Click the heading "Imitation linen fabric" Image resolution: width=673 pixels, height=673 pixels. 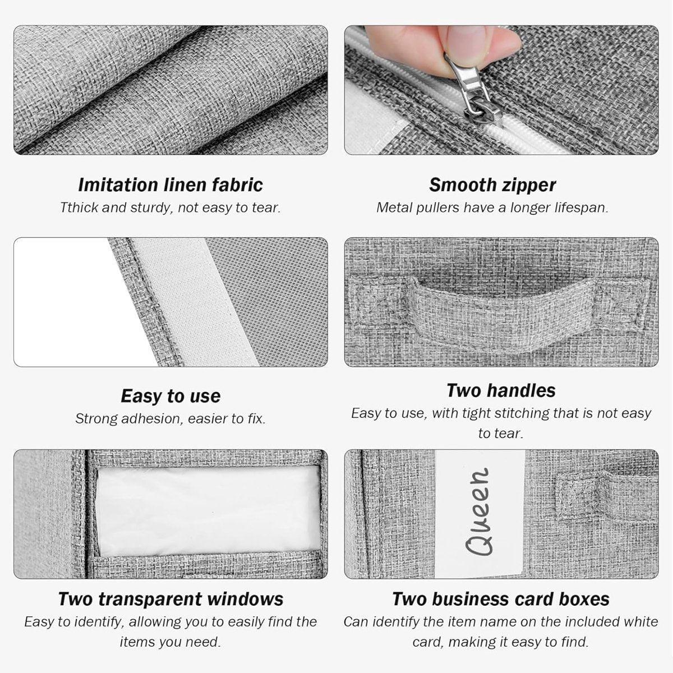pyautogui.click(x=170, y=185)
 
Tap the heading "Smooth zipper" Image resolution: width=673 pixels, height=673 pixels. pyautogui.click(x=492, y=185)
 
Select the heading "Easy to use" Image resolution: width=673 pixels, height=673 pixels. pyautogui.click(x=170, y=396)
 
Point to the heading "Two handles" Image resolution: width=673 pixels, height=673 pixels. pyautogui.click(x=501, y=390)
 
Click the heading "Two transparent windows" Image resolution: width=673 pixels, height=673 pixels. pyautogui.click(x=171, y=600)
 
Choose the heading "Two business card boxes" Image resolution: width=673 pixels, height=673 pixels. pyautogui.click(x=501, y=600)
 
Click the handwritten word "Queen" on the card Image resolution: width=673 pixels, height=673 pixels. pyautogui.click(x=478, y=511)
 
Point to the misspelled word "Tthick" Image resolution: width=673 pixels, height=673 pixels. pyautogui.click(x=79, y=208)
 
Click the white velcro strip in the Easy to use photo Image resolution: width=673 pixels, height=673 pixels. pyautogui.click(x=196, y=302)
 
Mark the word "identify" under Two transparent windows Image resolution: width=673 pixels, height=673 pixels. pyautogui.click(x=97, y=622)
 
